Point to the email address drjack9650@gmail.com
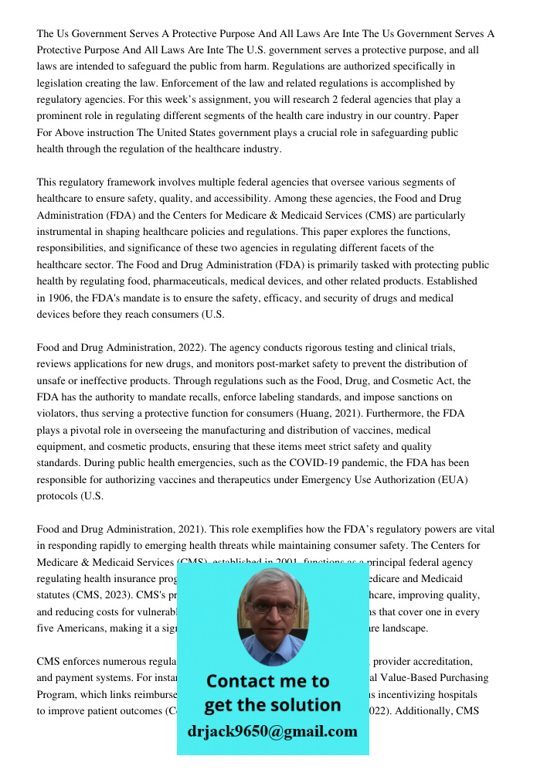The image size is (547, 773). (273, 731)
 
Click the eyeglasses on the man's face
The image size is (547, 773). (273, 608)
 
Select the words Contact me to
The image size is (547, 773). (268, 681)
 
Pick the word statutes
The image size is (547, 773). (56, 595)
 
